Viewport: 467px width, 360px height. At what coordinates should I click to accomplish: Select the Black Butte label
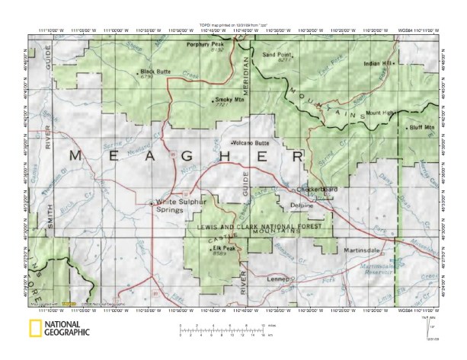tap(154, 72)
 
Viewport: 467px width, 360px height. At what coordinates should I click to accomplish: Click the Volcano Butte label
tap(252, 142)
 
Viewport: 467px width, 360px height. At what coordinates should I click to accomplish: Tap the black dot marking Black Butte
tap(138, 73)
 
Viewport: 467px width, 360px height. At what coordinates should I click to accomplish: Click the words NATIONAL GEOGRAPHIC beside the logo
tap(67, 329)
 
